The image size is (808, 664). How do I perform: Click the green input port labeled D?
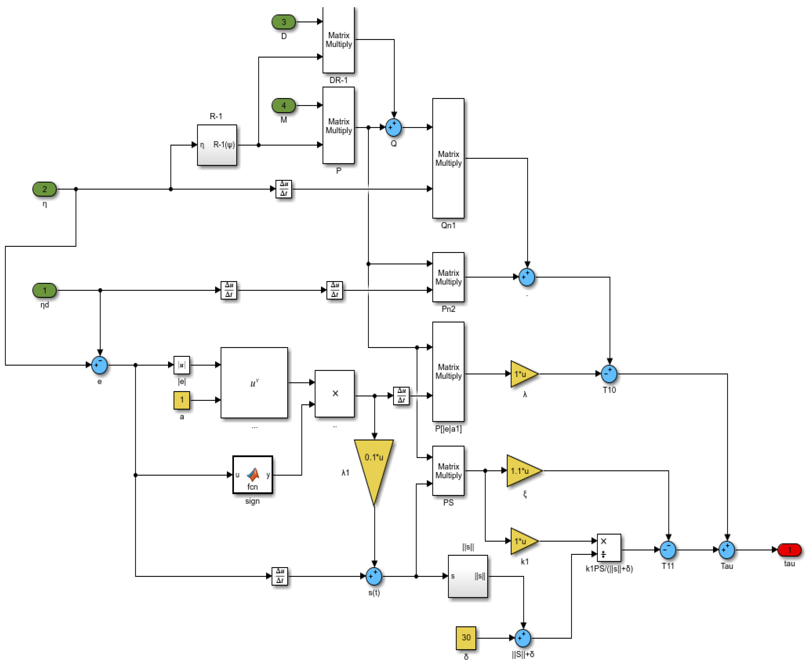tap(283, 22)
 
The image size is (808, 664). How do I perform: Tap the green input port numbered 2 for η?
tap(44, 189)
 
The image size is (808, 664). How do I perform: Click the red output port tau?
tap(789, 550)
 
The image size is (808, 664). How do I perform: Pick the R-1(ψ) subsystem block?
tap(217, 145)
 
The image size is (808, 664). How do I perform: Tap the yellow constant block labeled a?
tap(182, 400)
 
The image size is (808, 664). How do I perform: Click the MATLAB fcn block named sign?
tap(252, 475)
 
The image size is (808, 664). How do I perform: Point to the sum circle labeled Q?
tap(394, 127)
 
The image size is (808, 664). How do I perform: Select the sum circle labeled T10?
tap(609, 374)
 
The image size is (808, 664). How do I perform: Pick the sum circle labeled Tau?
tap(727, 550)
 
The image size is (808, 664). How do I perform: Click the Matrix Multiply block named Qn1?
tap(448, 158)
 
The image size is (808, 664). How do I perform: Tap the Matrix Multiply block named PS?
tap(448, 471)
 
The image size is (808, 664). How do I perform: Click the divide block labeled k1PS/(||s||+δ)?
tap(609, 548)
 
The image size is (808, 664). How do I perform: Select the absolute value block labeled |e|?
tap(182, 365)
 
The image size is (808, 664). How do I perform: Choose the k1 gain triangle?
tap(523, 541)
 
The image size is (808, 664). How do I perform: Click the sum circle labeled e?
tap(100, 365)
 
